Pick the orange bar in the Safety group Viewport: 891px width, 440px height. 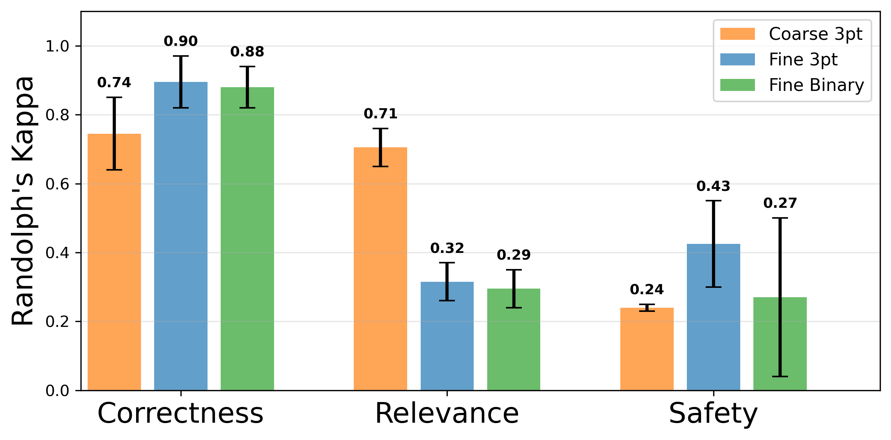(647, 349)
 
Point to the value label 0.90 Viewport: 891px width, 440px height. (180, 41)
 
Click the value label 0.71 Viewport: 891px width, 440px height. (380, 113)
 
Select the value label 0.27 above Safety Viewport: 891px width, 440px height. (780, 203)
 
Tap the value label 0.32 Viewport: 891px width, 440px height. (447, 248)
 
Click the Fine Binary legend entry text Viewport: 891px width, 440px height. (816, 85)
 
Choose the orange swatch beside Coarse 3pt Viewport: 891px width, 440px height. (737, 34)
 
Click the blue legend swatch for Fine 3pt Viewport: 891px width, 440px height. (737, 59)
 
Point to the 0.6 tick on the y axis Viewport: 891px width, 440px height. (57, 184)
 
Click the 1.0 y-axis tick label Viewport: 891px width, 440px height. (57, 46)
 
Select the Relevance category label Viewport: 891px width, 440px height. (447, 413)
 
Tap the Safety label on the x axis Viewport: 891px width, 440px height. (713, 413)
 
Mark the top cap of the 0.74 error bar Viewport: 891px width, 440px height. (114, 97)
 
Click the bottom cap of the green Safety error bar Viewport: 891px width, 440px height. (780, 376)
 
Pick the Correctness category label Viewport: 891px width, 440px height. (180, 413)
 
